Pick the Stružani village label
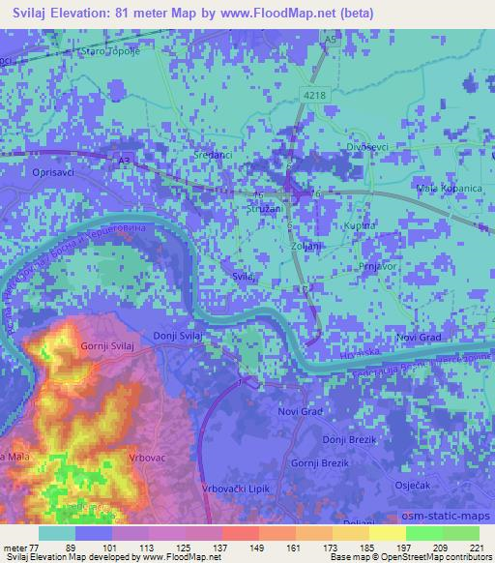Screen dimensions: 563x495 tap(262, 207)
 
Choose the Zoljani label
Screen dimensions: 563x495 tap(306, 246)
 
